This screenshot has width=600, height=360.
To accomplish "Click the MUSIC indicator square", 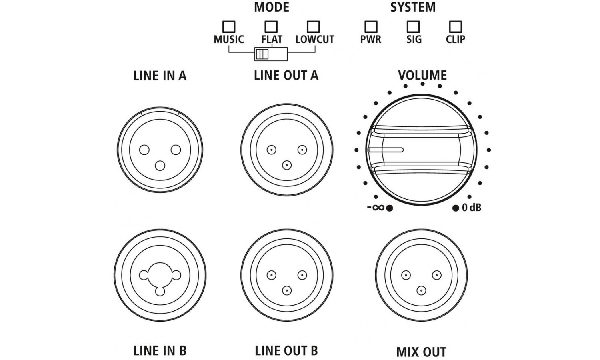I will point(229,27).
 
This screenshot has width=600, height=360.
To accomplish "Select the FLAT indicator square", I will point(271,27).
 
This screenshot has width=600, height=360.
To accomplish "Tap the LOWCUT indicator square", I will point(313,27).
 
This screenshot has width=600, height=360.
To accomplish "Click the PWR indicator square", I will point(371,27).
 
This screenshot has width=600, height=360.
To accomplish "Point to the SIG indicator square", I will point(413,27).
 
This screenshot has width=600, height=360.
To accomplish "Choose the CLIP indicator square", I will point(455,27).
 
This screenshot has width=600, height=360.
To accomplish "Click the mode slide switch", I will point(271,54).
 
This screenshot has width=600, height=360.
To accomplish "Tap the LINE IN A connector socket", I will point(160,150).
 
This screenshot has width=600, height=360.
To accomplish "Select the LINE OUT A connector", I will point(287,150).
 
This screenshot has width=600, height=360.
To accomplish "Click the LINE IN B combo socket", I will point(160,276).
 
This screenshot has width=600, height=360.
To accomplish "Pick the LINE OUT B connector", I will point(287,276).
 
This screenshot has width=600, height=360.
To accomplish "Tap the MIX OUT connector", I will point(421,276).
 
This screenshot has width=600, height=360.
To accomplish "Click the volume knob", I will point(421,150).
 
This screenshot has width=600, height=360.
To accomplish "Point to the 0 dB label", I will point(471,208).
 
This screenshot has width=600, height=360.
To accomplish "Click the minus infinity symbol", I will point(376,208).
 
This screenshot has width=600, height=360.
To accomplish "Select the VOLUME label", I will point(422,75).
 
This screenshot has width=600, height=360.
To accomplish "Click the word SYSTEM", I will point(413,7).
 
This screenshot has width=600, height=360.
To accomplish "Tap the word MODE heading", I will point(272,7).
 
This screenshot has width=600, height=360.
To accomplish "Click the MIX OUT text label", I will point(421,352).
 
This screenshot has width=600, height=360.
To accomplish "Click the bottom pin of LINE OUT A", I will point(286,165).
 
